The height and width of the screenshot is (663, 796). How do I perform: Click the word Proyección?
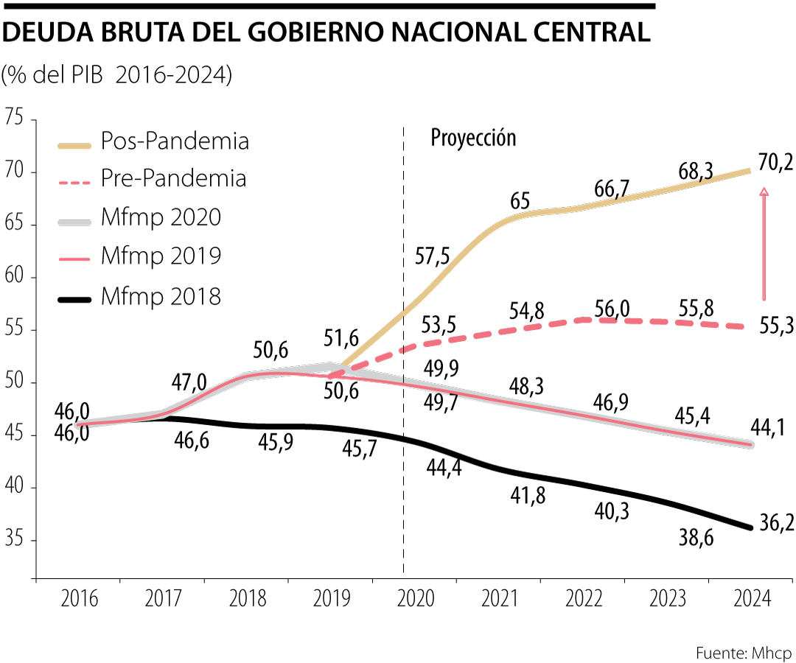(473, 138)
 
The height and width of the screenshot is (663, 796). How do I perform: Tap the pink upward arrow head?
(764, 192)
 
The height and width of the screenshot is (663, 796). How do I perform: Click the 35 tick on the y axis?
(15, 540)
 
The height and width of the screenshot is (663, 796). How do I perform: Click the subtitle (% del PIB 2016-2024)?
(117, 74)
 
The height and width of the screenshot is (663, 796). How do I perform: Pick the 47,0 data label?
(190, 383)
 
